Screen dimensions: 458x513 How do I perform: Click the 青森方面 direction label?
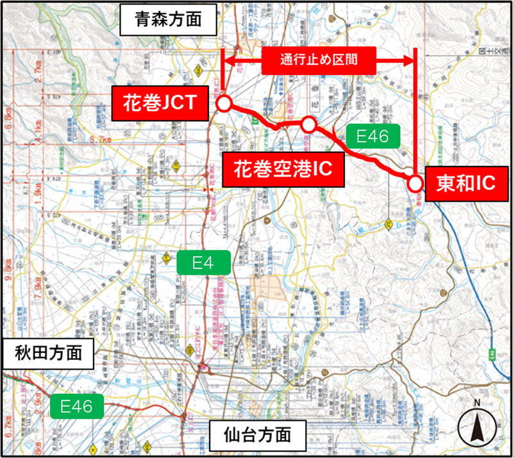168,20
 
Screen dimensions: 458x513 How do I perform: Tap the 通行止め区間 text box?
318,60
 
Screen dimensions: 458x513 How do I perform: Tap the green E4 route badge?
203,261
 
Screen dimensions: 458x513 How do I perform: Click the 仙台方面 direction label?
257,436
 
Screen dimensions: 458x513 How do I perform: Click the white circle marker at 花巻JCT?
224,103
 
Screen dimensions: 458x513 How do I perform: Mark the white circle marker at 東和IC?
416,184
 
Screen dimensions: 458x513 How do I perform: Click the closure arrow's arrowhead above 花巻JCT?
228,61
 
